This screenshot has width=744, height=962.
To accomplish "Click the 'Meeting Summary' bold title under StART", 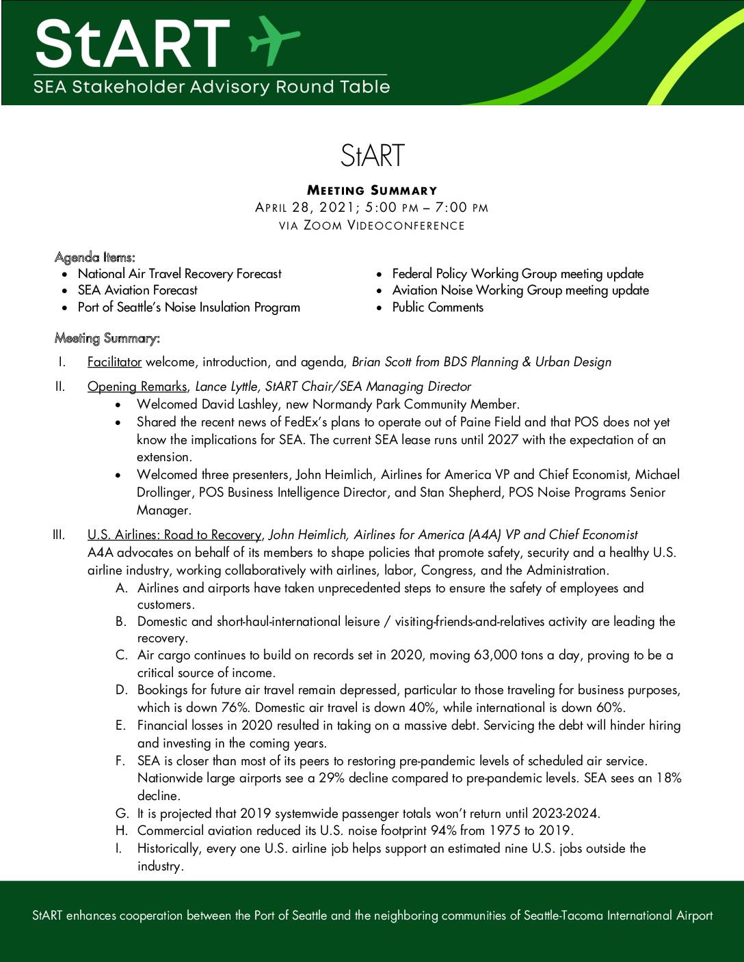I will point(372,191).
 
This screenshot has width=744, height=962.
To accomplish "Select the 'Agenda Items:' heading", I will point(95,258).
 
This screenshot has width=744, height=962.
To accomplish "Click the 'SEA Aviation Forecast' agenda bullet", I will point(137,290).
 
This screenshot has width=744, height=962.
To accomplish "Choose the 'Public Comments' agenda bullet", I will point(438,307).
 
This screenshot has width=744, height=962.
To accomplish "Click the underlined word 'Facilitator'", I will point(114,362).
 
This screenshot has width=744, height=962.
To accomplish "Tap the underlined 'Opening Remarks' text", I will point(137,387).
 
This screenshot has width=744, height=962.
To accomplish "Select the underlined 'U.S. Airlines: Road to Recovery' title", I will point(174,535).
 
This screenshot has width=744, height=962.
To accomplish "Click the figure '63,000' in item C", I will point(496,655).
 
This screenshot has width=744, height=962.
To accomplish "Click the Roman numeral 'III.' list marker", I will point(59,535).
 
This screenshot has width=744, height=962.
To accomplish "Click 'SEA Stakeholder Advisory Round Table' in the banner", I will point(212,87).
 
